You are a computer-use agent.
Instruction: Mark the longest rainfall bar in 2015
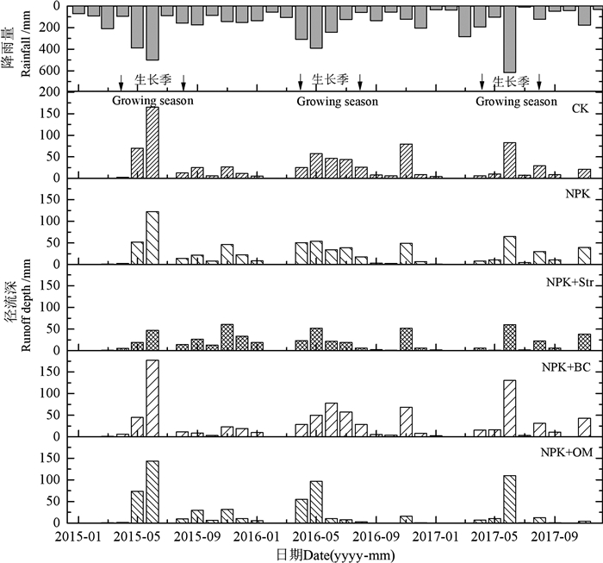(x=152, y=34)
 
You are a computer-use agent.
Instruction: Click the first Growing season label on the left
(x=152, y=101)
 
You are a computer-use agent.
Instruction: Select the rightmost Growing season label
(x=516, y=101)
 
